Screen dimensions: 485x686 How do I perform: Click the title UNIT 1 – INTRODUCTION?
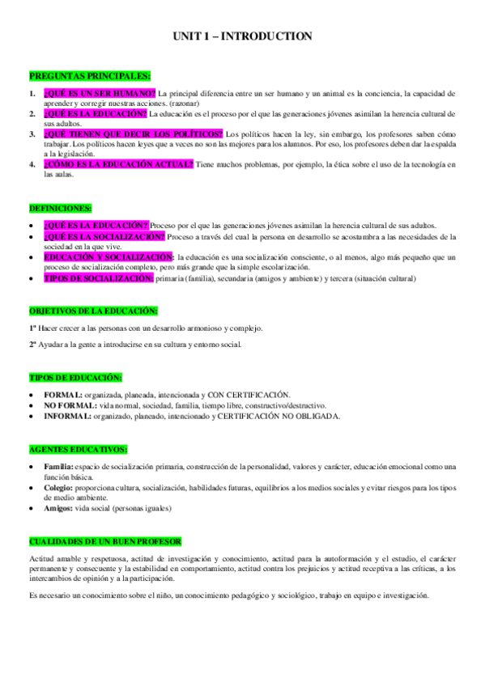(242, 36)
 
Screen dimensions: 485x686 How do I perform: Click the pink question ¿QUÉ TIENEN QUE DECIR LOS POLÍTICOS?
(133, 133)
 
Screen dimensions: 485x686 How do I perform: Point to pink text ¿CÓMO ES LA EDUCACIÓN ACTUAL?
(118, 164)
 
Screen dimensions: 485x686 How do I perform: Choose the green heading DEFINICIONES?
(61, 208)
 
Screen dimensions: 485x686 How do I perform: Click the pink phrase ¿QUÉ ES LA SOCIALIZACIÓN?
(104, 236)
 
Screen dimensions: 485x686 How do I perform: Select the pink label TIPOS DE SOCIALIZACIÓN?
(98, 277)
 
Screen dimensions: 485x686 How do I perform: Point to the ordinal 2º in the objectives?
(33, 345)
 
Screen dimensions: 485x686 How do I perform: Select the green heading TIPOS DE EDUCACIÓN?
(75, 378)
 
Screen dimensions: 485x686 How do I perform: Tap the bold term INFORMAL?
(68, 416)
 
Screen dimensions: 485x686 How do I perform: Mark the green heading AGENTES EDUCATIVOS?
(79, 449)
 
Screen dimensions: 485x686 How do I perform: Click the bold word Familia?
(59, 467)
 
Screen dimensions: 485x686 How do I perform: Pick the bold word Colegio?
(58, 489)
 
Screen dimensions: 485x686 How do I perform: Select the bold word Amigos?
(59, 509)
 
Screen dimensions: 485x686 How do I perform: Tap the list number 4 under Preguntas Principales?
(32, 164)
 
